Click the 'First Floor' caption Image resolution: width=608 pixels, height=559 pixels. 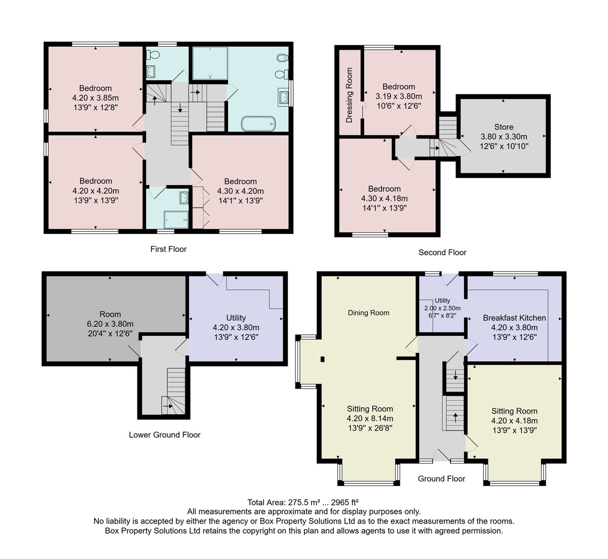pyautogui.click(x=168, y=249)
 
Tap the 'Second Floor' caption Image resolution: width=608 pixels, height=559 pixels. pyautogui.click(x=442, y=253)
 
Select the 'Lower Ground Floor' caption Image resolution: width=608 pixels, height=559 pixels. pyautogui.click(x=165, y=435)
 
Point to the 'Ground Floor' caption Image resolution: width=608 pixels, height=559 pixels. pyautogui.click(x=441, y=479)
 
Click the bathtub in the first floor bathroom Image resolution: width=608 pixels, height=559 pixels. pyautogui.click(x=258, y=124)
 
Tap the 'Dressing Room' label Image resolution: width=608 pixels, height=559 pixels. pyautogui.click(x=349, y=95)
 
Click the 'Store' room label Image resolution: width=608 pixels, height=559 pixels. pyautogui.click(x=504, y=127)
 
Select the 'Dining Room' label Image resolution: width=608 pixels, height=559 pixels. pyautogui.click(x=368, y=313)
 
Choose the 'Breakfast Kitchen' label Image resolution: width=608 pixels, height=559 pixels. pyautogui.click(x=514, y=318)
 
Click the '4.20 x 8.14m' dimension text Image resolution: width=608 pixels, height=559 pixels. pyautogui.click(x=370, y=418)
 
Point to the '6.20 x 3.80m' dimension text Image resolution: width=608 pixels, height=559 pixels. pyautogui.click(x=110, y=324)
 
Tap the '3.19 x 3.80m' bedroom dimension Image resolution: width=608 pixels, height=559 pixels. pyautogui.click(x=399, y=96)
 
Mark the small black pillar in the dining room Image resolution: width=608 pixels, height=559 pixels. pyautogui.click(x=322, y=359)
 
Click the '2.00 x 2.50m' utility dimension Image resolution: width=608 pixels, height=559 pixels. pyautogui.click(x=442, y=308)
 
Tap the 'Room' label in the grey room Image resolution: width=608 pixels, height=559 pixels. pyautogui.click(x=110, y=315)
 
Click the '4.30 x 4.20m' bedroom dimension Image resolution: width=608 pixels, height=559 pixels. pyautogui.click(x=240, y=191)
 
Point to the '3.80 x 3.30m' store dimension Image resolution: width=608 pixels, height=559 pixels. pyautogui.click(x=504, y=136)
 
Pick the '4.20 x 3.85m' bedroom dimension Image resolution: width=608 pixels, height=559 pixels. pyautogui.click(x=95, y=98)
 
